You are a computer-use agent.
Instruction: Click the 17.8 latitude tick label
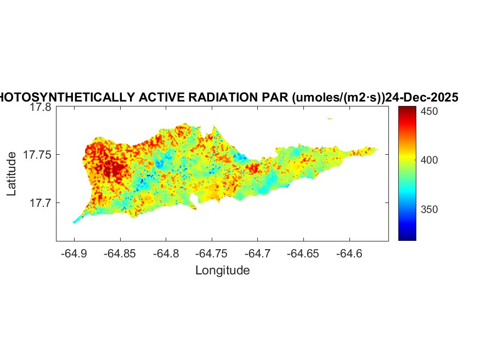click(41, 108)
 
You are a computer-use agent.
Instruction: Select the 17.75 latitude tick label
click(37, 155)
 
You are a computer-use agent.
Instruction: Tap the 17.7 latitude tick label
click(41, 203)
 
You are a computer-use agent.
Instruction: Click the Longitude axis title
click(222, 270)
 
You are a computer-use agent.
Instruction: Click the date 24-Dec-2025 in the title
click(421, 97)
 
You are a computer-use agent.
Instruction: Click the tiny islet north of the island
click(329, 119)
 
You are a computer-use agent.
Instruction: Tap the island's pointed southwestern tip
click(74, 222)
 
